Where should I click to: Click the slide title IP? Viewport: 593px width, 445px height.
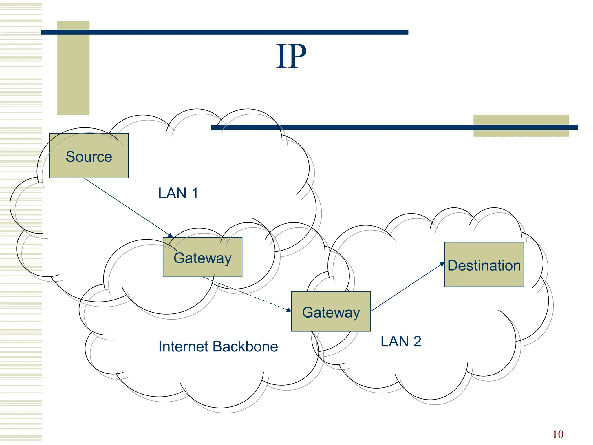(291, 56)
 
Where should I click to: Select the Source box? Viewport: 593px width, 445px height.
(89, 156)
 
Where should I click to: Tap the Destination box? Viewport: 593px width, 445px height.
(484, 265)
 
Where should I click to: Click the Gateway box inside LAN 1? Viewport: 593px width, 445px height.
(202, 257)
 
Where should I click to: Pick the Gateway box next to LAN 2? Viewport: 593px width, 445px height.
(331, 312)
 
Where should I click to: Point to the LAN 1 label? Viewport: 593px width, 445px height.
(178, 193)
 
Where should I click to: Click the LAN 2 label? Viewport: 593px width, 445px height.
(400, 341)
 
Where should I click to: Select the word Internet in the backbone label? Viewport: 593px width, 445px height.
(184, 346)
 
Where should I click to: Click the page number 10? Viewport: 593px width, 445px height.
(558, 434)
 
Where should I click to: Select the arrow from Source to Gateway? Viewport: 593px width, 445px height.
(127, 207)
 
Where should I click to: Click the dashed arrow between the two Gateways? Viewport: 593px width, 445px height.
(246, 293)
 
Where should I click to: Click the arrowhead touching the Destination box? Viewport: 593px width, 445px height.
(442, 264)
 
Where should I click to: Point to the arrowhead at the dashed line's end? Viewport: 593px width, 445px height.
(289, 310)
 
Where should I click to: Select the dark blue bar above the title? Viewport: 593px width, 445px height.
(224, 32)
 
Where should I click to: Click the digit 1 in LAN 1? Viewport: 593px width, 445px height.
(195, 193)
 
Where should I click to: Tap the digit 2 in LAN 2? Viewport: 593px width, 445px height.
(417, 341)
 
